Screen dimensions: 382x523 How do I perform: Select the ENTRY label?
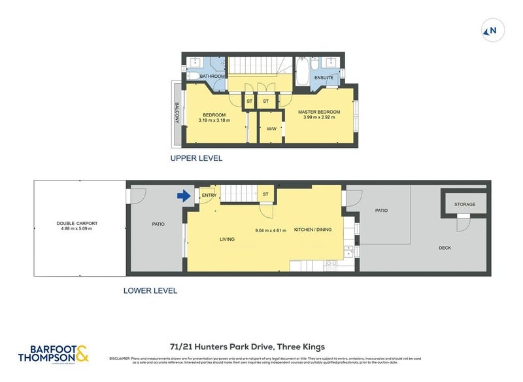click(209, 195)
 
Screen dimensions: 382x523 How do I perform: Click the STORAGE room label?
click(465, 204)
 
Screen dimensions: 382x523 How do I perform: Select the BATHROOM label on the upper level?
click(212, 77)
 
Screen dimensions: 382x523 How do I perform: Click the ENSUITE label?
click(324, 77)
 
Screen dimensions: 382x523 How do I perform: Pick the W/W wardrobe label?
click(271, 129)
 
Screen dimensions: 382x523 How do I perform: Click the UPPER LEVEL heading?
click(196, 158)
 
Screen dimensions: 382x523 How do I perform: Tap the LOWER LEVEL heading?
click(150, 290)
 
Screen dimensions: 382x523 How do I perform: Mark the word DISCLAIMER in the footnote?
click(121, 358)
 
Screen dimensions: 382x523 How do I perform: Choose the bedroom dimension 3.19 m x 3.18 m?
click(214, 120)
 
